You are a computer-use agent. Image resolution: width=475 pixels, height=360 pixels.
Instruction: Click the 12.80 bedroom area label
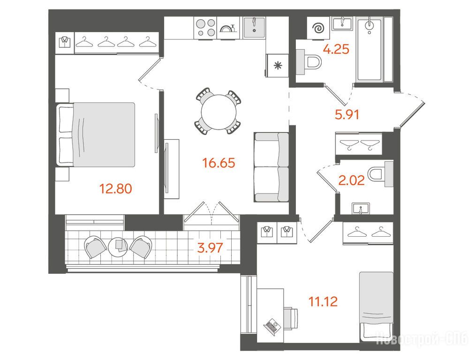(116, 188)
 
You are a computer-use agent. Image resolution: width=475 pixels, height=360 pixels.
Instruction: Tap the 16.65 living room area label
(219, 163)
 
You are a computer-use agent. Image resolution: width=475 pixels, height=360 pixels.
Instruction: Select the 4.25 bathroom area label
(336, 49)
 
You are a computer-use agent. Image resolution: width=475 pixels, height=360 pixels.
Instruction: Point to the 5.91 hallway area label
(347, 114)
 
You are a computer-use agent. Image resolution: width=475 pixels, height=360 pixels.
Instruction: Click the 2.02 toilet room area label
(351, 180)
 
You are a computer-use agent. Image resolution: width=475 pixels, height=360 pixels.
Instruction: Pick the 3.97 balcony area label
(210, 248)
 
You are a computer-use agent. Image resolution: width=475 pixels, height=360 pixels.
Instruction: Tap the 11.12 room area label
(323, 301)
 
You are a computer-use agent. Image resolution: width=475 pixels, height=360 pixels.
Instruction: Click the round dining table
(219, 112)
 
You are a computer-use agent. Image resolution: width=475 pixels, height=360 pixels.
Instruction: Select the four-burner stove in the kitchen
(205, 28)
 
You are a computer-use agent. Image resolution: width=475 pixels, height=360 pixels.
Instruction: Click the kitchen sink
(254, 27)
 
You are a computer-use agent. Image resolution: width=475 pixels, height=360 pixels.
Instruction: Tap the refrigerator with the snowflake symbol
(277, 66)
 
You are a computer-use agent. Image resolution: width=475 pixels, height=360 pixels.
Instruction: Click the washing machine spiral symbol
(318, 29)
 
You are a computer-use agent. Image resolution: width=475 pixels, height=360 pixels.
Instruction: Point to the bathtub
(369, 49)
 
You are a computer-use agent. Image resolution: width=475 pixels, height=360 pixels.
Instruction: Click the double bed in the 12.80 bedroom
(96, 135)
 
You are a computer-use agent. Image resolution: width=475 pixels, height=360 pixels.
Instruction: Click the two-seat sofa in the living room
(271, 167)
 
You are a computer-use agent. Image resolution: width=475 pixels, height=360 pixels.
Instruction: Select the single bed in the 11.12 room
(376, 307)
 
